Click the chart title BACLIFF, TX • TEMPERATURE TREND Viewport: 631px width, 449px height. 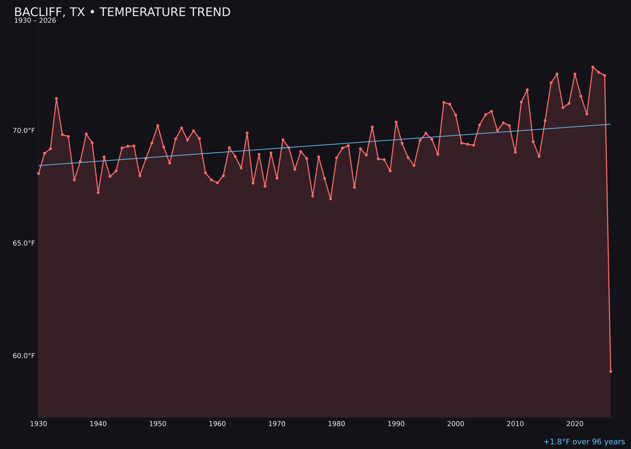[x=122, y=12]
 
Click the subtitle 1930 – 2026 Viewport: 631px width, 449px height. [x=35, y=21]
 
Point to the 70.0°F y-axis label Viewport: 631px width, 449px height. [x=24, y=130]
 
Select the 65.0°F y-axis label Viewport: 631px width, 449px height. [x=24, y=243]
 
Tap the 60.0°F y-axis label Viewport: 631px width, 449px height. [x=24, y=356]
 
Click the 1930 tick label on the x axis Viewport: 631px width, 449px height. [x=39, y=424]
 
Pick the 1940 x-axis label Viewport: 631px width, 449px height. [x=98, y=424]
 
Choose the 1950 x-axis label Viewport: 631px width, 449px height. [x=158, y=424]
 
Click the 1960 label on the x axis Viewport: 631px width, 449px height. [x=217, y=424]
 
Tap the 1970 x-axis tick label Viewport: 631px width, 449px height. [x=277, y=424]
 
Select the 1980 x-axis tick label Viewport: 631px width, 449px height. [x=337, y=424]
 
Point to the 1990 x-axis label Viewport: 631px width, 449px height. [x=396, y=424]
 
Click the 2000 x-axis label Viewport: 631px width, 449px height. [x=456, y=424]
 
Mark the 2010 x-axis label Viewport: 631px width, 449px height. [x=515, y=424]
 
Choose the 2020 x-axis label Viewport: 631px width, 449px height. [x=575, y=424]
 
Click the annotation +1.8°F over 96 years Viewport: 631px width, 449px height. [x=584, y=442]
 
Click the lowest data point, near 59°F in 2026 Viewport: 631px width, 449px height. [x=611, y=371]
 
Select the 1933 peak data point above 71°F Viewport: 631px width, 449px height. [x=57, y=99]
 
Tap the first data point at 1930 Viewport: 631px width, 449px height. [x=39, y=174]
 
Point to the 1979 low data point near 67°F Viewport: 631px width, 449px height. [x=331, y=199]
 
